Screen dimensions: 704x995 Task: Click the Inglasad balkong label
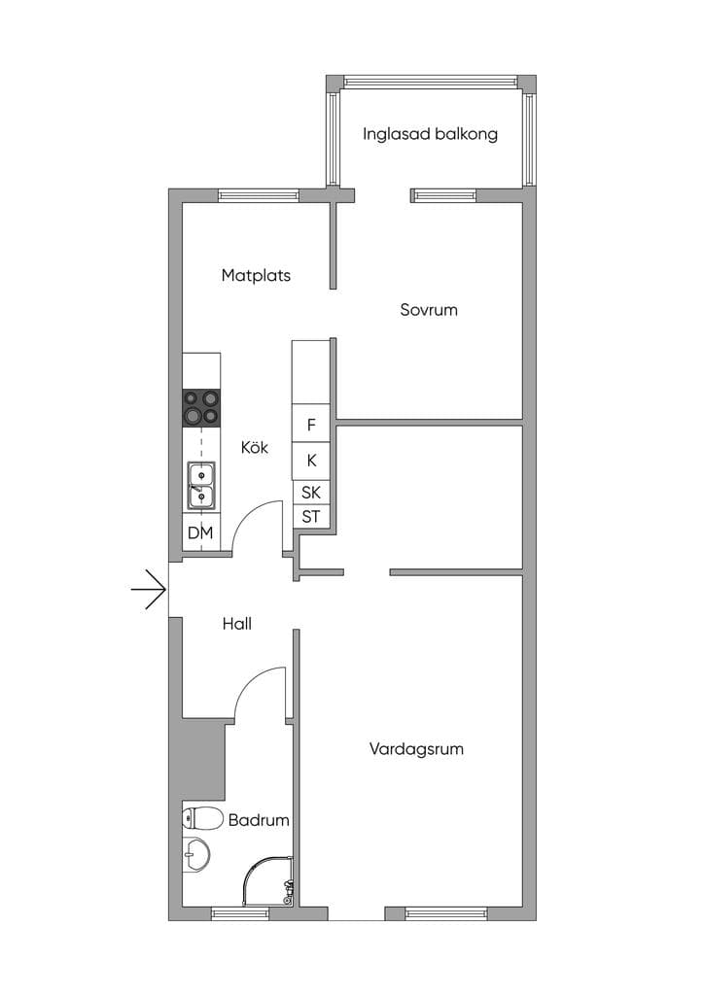(430, 134)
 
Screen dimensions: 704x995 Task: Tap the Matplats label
(256, 275)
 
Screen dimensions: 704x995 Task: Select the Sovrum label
(429, 310)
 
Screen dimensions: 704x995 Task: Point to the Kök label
(254, 447)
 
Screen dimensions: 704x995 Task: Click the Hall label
(237, 624)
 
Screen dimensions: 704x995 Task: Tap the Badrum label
(259, 820)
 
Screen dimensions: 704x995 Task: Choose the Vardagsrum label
(416, 749)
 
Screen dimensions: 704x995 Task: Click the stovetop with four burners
(202, 407)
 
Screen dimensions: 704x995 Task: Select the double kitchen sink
(201, 486)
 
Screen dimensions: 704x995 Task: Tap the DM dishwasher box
(201, 532)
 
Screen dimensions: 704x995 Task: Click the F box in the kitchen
(311, 424)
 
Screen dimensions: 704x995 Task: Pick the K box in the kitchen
(311, 461)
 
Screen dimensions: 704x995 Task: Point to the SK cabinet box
(311, 492)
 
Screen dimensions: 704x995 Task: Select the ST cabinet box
(311, 516)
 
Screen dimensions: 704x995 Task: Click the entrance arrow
(149, 590)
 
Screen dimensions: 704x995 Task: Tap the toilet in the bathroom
(202, 818)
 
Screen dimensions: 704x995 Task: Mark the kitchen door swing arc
(249, 513)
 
